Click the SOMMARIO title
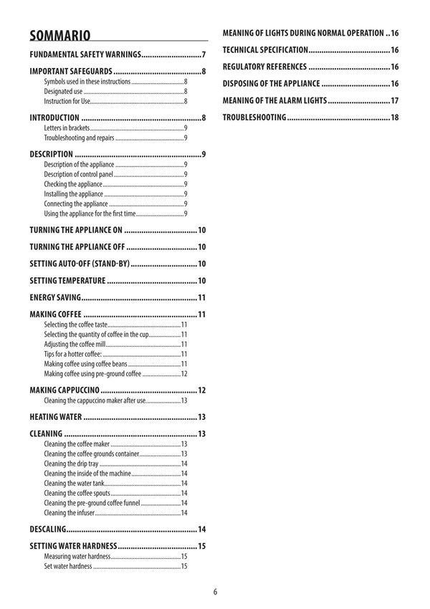point(59,35)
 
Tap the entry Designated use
point(63,92)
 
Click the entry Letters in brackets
point(67,128)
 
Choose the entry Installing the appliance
point(73,193)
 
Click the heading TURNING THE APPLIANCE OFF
point(77,247)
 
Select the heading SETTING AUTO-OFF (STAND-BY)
point(80,264)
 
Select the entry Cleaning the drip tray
point(71,464)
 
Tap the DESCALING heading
point(48,529)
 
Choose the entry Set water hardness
point(68,566)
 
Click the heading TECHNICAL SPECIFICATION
point(266,50)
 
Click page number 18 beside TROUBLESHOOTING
point(394,117)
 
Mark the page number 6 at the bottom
point(215,592)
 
